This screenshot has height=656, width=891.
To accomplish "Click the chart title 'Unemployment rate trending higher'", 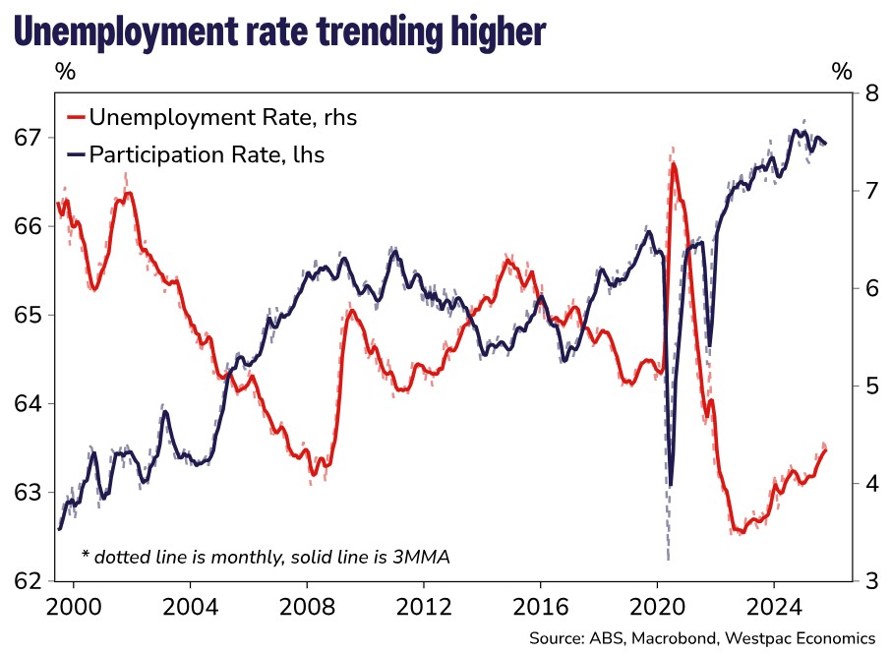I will tap(279, 31).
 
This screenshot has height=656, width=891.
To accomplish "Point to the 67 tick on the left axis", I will tap(30, 137).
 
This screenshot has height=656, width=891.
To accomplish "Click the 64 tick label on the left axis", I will tap(30, 403).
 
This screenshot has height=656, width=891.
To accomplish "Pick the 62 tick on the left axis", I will tap(30, 580).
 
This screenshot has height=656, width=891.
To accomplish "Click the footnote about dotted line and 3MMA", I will tap(266, 558).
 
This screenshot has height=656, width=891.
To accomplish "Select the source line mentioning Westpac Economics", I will tap(701, 636).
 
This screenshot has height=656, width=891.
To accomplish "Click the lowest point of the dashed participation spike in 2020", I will tap(668, 559).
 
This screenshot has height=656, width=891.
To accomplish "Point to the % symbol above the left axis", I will tap(65, 72).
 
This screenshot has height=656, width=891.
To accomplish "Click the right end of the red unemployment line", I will tap(826, 449).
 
